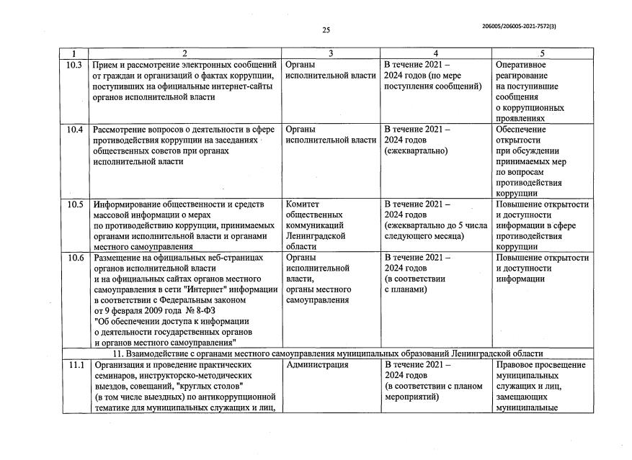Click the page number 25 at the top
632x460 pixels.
coord(326,30)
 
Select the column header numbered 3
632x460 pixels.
coord(330,53)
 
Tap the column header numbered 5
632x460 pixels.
coord(542,53)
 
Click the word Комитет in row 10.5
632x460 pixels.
coord(303,204)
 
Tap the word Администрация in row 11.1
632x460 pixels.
coord(317,365)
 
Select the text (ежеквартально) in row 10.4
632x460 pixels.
coord(416,151)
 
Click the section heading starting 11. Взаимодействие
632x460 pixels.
coord(328,354)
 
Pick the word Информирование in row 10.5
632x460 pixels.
coord(128,204)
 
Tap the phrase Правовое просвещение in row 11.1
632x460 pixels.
coord(540,365)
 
